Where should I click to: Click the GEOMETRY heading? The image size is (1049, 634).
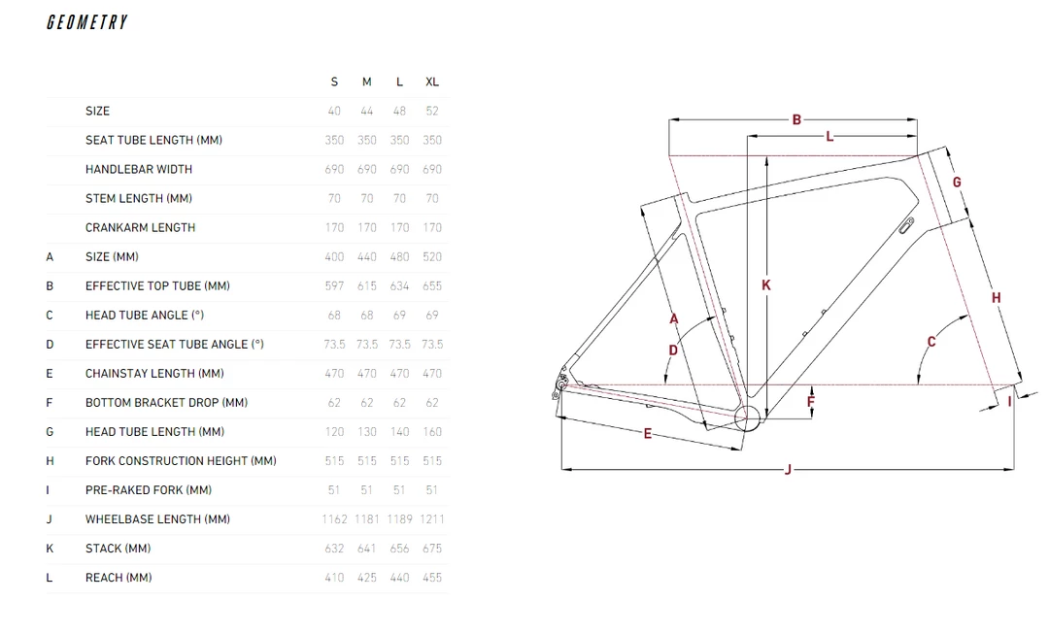[87, 22]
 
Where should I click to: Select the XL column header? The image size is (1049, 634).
[432, 82]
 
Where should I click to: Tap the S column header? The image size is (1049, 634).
[334, 82]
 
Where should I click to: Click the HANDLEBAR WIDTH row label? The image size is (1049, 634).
[139, 169]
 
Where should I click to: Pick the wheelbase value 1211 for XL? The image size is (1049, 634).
[432, 519]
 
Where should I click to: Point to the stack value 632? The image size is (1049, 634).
[334, 549]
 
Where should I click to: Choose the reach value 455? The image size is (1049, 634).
[432, 577]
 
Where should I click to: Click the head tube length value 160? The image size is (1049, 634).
[432, 431]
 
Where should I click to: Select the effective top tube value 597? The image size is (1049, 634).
[334, 285]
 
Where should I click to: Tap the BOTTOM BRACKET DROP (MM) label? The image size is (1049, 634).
[167, 403]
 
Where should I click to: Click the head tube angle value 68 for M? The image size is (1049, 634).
[366, 315]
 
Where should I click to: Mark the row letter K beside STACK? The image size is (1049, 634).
[50, 549]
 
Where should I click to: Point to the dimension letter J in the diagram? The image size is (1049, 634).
[788, 470]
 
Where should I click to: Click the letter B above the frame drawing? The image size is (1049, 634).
[796, 119]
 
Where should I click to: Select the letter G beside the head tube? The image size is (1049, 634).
[957, 182]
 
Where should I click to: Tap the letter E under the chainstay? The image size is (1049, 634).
[648, 434]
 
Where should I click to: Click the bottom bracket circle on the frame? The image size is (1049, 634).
[747, 418]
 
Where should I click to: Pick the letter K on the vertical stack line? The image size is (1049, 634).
[766, 284]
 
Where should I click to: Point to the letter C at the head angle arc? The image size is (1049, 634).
[931, 342]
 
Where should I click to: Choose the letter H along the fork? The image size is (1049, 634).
[997, 298]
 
